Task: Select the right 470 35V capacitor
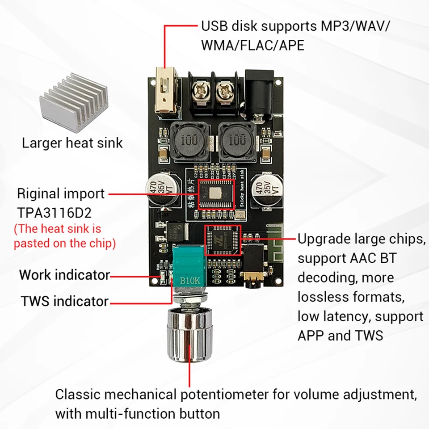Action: click(264, 191)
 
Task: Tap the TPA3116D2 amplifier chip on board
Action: click(216, 193)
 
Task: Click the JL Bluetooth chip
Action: click(223, 244)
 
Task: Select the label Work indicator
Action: click(64, 274)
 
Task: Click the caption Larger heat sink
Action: click(72, 143)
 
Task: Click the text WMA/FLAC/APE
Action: click(252, 45)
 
